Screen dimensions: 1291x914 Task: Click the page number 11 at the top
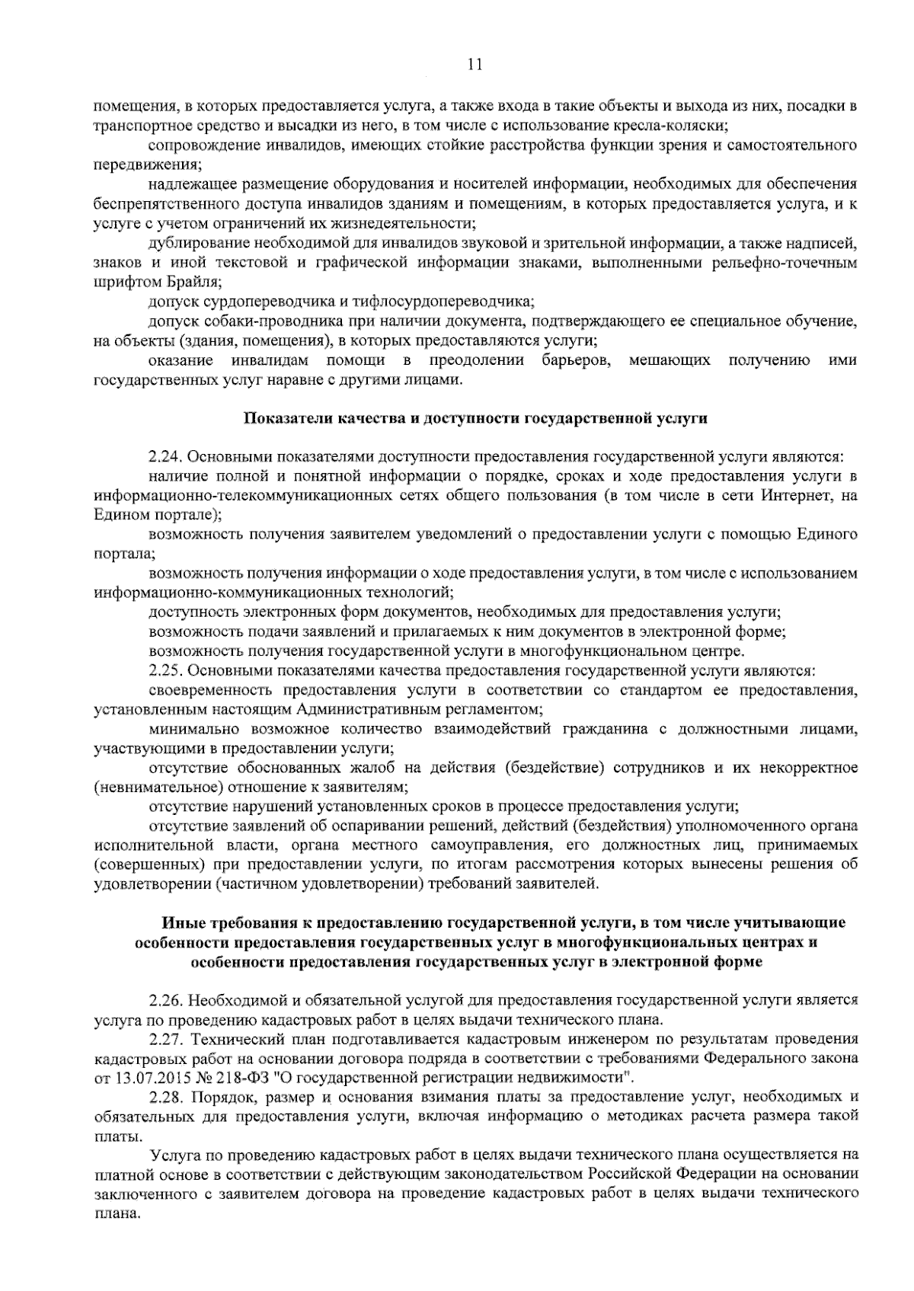[474, 66]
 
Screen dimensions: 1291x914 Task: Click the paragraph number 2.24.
[165, 457]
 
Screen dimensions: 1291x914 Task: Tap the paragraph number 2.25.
[165, 671]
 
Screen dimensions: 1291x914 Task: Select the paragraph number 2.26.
[165, 999]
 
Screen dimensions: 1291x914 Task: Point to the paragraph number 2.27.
[165, 1038]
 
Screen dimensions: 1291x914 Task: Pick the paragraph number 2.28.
[165, 1098]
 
